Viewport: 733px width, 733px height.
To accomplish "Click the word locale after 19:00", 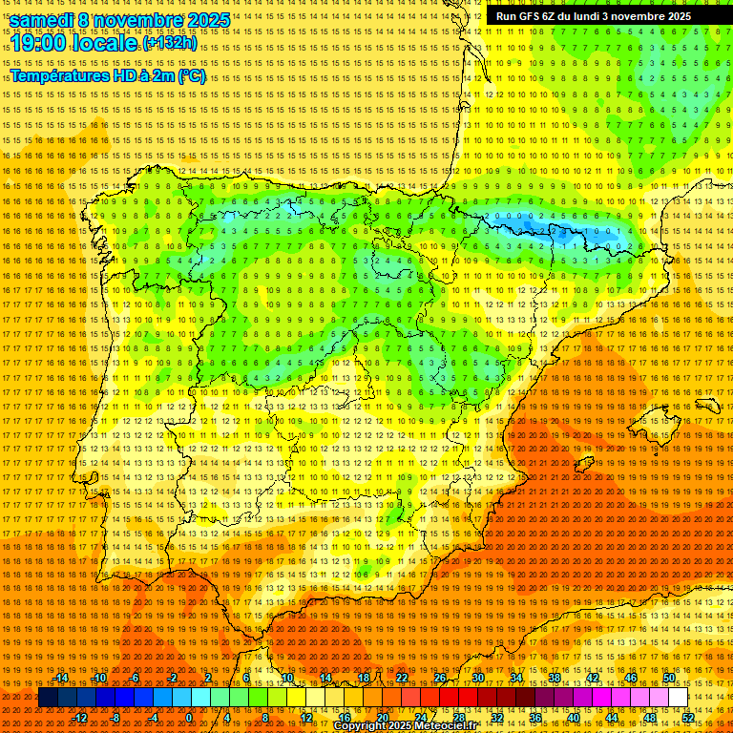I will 107,44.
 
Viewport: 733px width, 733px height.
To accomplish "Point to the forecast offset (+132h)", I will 170,44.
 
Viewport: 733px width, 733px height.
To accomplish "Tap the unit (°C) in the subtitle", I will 191,76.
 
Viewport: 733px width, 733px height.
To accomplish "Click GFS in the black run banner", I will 532,16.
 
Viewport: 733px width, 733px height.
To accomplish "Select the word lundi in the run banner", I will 600,16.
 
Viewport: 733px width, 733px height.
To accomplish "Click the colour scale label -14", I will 61,679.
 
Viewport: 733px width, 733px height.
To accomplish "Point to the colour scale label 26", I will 440,679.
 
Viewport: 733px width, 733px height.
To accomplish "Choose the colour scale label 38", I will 554,679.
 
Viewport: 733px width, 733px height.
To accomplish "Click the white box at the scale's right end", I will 678,698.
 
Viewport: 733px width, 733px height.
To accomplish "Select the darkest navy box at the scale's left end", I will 48,698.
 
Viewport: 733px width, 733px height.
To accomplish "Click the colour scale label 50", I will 669,679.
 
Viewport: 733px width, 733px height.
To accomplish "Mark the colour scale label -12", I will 80,717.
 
